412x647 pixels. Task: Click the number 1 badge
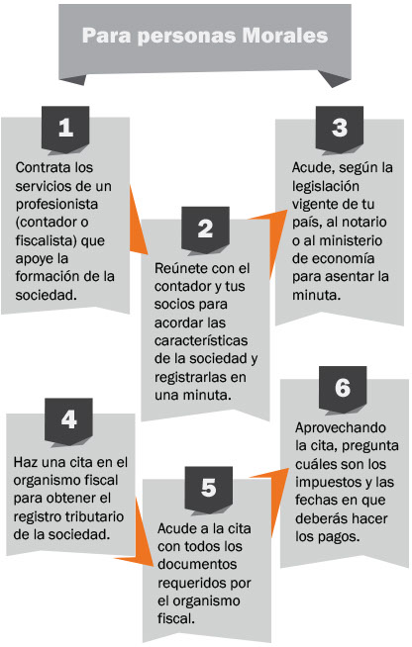click(65, 129)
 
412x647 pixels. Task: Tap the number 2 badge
click(205, 229)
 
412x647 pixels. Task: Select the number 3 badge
click(340, 129)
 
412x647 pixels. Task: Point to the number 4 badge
click(68, 420)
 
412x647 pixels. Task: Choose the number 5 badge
click(209, 488)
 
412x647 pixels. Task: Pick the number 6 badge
click(343, 388)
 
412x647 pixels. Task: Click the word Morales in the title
click(284, 36)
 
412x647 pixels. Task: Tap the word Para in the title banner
click(107, 36)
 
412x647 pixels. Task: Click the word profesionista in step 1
click(56, 205)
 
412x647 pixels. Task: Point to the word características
click(201, 340)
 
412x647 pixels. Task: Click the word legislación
click(326, 187)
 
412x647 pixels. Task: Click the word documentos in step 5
click(197, 565)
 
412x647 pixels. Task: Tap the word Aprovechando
click(341, 428)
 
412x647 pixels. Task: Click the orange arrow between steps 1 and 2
click(139, 221)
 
